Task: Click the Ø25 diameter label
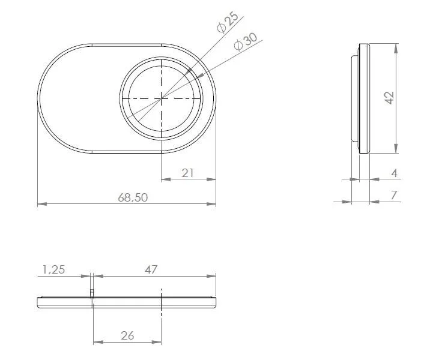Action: tap(228, 22)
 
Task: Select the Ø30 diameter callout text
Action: tap(246, 41)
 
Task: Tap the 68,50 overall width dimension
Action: tap(133, 197)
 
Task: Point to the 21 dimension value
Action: tap(188, 173)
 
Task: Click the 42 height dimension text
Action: tap(389, 98)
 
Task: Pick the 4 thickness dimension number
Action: tap(395, 173)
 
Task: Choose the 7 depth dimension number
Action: tap(394, 195)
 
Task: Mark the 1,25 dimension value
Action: tap(53, 269)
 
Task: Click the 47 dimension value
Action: tap(151, 269)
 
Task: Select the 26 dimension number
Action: tap(127, 335)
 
